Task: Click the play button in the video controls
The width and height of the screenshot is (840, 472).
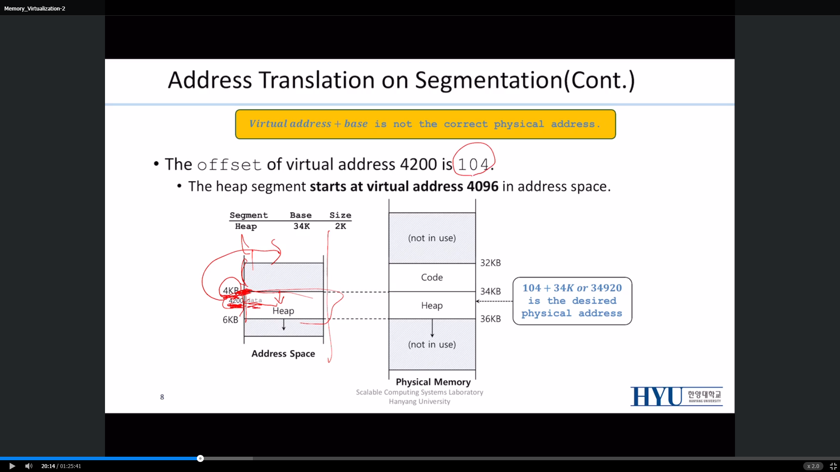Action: tap(12, 466)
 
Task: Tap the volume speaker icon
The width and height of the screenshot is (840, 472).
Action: tap(29, 466)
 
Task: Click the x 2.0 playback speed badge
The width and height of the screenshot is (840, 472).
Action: tap(813, 466)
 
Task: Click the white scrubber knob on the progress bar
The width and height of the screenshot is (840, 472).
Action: tap(200, 458)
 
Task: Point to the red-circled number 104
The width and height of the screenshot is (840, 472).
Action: tap(473, 164)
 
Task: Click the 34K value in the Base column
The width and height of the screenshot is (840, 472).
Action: tap(301, 226)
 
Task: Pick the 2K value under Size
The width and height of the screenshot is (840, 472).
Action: tap(340, 226)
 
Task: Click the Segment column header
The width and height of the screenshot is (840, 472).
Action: tap(248, 215)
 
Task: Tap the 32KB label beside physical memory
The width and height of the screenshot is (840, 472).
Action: tap(490, 263)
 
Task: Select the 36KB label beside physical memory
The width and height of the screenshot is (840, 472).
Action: tap(490, 319)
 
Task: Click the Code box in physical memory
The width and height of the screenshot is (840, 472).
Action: tap(432, 278)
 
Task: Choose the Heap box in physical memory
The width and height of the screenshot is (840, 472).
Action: tap(432, 305)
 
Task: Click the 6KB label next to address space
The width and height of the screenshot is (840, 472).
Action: tap(230, 320)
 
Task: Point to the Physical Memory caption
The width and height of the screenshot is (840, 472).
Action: tap(433, 382)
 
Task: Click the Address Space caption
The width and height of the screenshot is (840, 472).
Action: tap(283, 354)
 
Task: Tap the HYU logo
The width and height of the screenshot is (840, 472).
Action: tap(676, 396)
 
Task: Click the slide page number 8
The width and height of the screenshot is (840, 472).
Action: tap(162, 397)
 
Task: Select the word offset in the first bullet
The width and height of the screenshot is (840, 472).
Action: tap(229, 165)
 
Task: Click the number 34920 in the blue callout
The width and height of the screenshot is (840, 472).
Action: tap(606, 288)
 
